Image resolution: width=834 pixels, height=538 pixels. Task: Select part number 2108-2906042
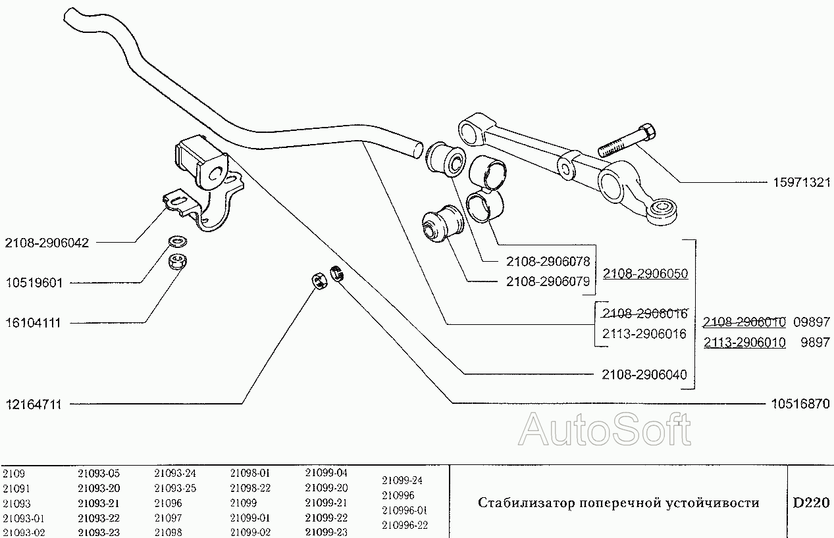point(47,243)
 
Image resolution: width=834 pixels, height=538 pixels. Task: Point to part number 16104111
point(33,324)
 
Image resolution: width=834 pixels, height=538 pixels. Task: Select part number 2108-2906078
point(550,261)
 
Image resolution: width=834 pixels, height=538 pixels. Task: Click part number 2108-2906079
point(550,281)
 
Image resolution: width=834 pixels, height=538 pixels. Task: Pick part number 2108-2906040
point(644,375)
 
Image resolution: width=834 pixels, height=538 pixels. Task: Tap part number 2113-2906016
point(644,334)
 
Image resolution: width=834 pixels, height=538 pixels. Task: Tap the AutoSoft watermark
point(604,430)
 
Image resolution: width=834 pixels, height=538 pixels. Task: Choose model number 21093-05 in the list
point(99,473)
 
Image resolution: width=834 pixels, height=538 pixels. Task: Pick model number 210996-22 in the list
point(405,525)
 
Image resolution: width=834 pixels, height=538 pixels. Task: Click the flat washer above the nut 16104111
point(176,241)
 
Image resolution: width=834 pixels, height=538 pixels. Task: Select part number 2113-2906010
point(744,343)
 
